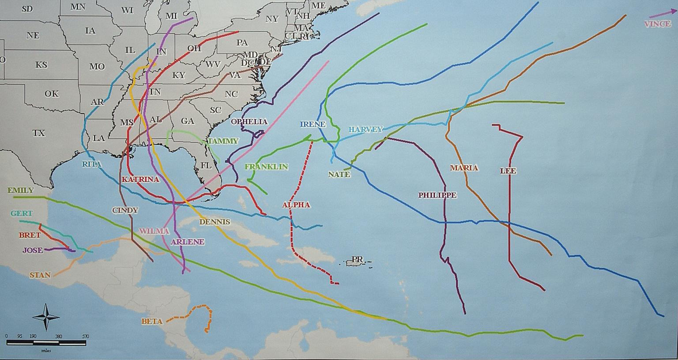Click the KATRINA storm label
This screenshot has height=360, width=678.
point(140,179)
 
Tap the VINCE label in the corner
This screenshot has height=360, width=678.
point(657,24)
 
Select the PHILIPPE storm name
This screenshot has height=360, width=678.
point(437,195)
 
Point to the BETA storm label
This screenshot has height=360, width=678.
point(152,321)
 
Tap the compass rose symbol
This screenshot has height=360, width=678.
point(46,317)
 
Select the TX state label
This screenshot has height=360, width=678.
point(38,133)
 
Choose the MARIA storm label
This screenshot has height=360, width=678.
point(464,167)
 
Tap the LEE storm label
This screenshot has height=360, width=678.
point(508,171)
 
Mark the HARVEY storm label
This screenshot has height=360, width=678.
point(365,129)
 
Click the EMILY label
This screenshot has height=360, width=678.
point(20,190)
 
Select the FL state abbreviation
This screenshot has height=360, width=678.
point(206,165)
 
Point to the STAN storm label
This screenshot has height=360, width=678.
point(40,275)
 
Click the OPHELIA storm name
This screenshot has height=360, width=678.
point(249,121)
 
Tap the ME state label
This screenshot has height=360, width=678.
point(318,6)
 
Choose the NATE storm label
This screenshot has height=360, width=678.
point(339,174)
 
